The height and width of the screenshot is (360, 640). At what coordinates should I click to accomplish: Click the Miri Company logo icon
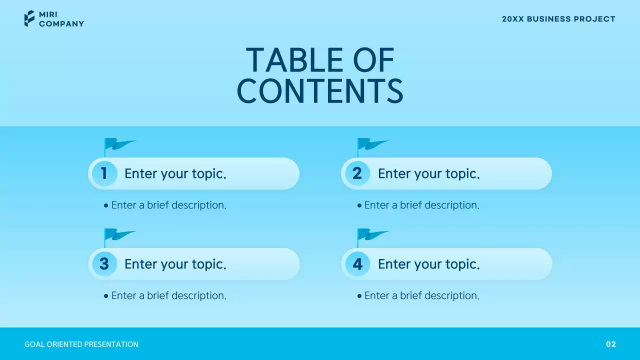(x=29, y=18)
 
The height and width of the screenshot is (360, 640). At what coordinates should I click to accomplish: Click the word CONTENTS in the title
(x=320, y=91)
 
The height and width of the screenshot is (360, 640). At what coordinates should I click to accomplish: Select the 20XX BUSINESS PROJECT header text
(x=558, y=19)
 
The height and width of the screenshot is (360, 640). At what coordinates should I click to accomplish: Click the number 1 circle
(x=104, y=173)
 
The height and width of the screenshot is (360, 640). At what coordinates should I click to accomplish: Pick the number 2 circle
(x=357, y=173)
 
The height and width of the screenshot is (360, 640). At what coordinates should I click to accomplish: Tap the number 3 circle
(x=104, y=264)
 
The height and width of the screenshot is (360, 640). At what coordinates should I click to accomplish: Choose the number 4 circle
(x=357, y=264)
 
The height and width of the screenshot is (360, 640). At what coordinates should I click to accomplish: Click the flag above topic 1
(x=119, y=145)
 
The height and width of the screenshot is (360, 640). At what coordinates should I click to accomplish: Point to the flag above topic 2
(x=372, y=145)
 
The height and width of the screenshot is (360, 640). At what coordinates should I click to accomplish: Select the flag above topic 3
(x=119, y=235)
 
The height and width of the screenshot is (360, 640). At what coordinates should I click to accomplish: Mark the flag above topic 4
(x=372, y=235)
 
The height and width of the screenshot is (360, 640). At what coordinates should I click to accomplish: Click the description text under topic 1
(x=168, y=205)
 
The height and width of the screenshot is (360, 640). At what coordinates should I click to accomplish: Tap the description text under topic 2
(x=421, y=205)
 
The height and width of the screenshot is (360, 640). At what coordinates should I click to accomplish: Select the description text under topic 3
(x=168, y=295)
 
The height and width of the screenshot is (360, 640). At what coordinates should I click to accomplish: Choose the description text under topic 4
(x=421, y=295)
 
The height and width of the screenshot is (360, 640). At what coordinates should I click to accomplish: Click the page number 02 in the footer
(x=611, y=344)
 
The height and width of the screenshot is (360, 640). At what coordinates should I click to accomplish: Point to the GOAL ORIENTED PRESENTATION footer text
(x=81, y=344)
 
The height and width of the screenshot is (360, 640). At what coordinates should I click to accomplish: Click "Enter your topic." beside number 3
(x=175, y=264)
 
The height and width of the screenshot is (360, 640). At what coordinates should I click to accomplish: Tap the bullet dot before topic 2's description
(x=359, y=205)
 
